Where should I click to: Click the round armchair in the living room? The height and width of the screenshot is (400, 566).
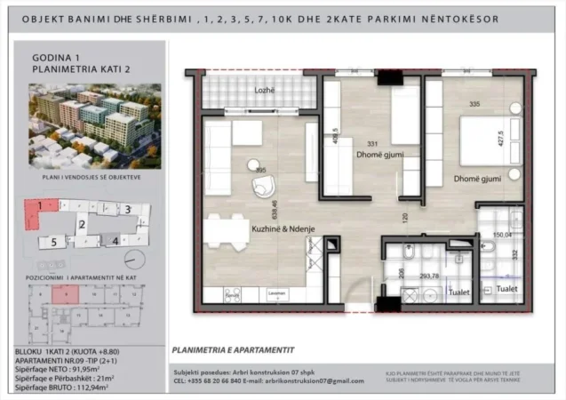tap(264, 186)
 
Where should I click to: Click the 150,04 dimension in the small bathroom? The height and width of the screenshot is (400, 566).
tap(502, 236)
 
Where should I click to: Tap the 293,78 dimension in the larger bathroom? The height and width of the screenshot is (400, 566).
tap(430, 276)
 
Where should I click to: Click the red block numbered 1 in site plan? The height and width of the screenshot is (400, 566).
tap(37, 211)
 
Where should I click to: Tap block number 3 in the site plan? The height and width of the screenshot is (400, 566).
tap(128, 210)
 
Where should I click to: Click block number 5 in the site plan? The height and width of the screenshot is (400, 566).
tap(53, 241)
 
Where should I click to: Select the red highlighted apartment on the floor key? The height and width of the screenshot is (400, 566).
tap(60, 294)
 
